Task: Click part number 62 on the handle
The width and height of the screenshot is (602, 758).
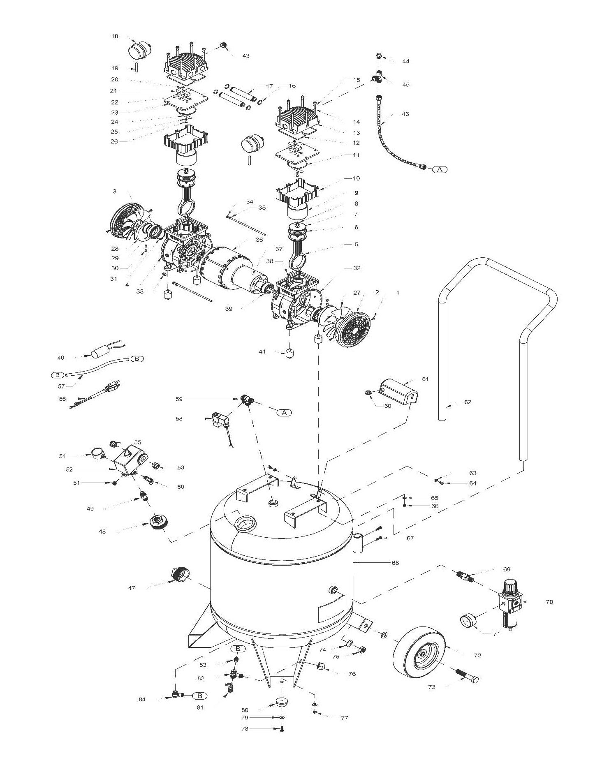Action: click(x=468, y=402)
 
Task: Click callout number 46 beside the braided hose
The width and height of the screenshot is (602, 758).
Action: click(x=405, y=114)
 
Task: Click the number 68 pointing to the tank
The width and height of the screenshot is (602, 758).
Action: click(x=395, y=563)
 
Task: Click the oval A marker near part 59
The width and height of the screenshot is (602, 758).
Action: click(x=284, y=412)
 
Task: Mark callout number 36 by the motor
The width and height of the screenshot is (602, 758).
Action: click(x=259, y=239)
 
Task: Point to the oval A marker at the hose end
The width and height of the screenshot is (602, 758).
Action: click(x=440, y=169)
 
